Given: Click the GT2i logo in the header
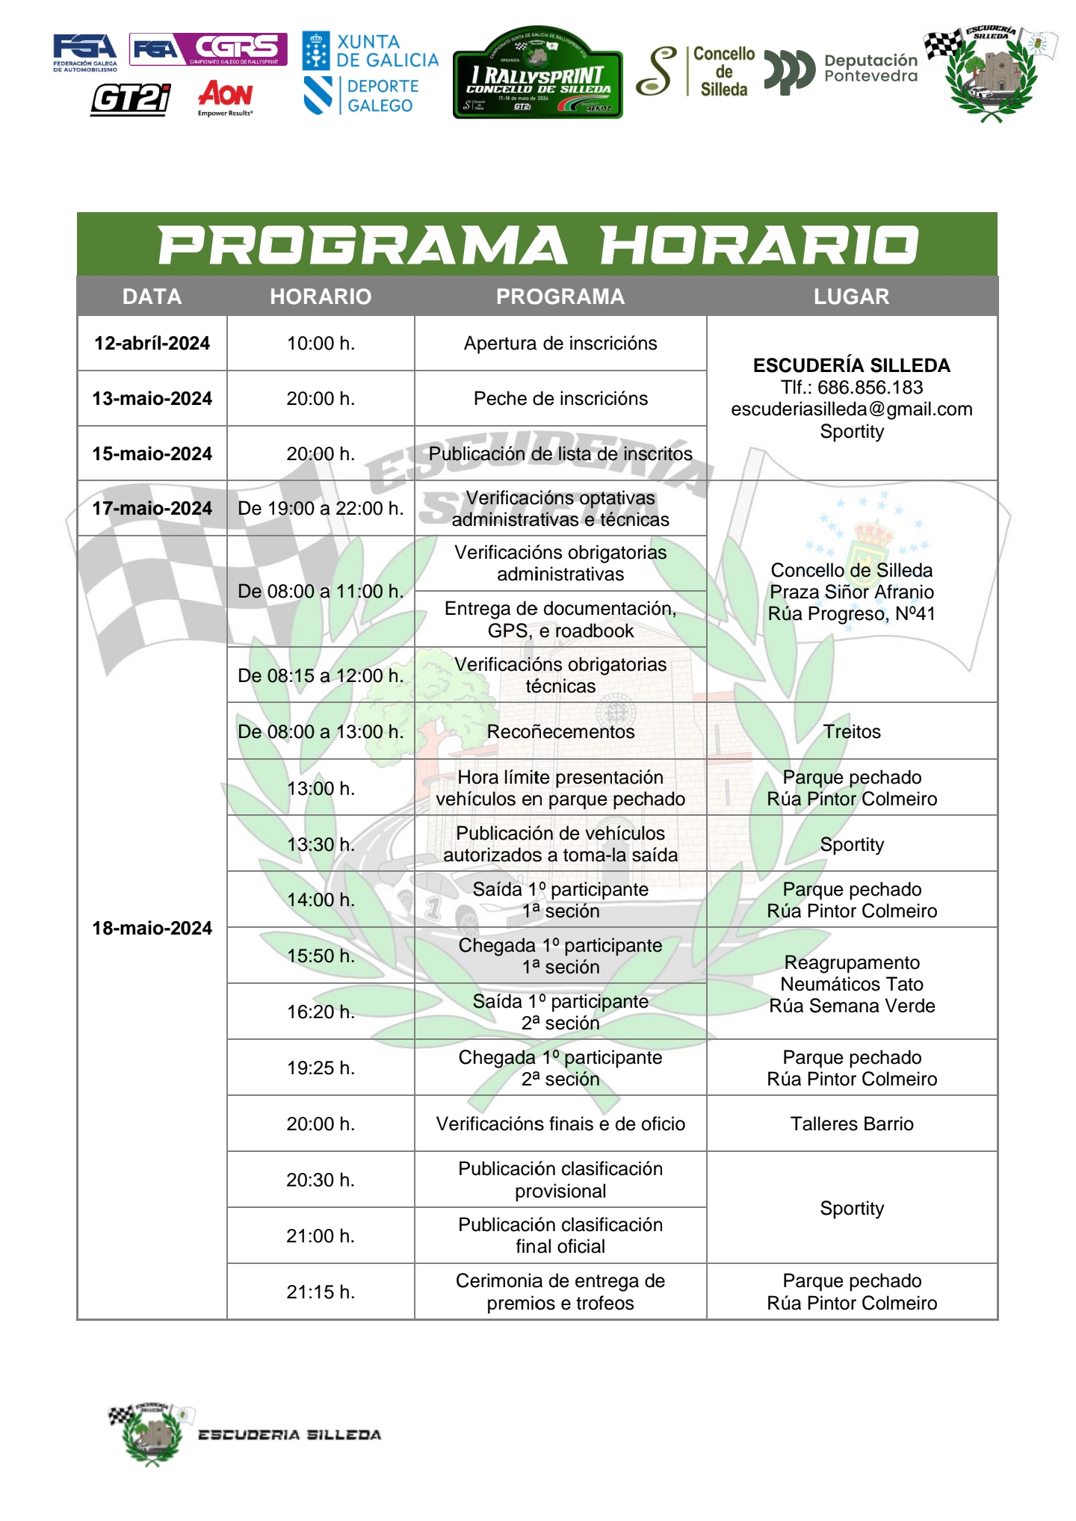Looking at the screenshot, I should (131, 99).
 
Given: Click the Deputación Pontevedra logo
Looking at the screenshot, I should (841, 69).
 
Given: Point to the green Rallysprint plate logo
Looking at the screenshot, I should (537, 74).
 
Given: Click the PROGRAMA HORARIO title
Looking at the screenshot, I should (537, 245).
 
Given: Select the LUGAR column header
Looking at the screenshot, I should (851, 297).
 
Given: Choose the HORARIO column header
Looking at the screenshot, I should (321, 297).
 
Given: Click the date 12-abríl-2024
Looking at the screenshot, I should (152, 344).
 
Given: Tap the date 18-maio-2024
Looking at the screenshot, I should (152, 928).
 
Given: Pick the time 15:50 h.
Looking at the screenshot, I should (321, 955).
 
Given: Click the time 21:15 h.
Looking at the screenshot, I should (321, 1292).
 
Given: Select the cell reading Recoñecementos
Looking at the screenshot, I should (560, 731).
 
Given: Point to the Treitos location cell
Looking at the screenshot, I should (852, 731).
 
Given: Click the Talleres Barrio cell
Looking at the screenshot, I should (852, 1124).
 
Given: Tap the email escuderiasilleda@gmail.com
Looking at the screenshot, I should (852, 409).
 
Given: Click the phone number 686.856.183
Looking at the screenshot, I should (870, 388).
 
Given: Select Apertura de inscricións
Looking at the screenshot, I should (560, 344).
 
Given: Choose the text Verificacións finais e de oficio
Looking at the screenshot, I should (560, 1124).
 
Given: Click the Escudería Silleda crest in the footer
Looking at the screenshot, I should (152, 1433).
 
